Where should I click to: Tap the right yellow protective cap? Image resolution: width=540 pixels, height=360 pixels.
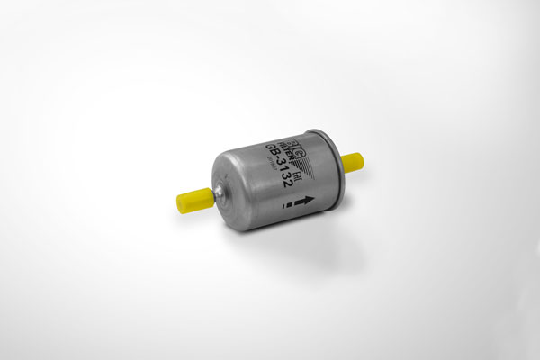(352, 162)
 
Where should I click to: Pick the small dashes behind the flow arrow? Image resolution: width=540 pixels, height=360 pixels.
(287, 208)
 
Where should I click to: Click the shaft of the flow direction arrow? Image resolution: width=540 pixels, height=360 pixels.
(300, 204)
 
